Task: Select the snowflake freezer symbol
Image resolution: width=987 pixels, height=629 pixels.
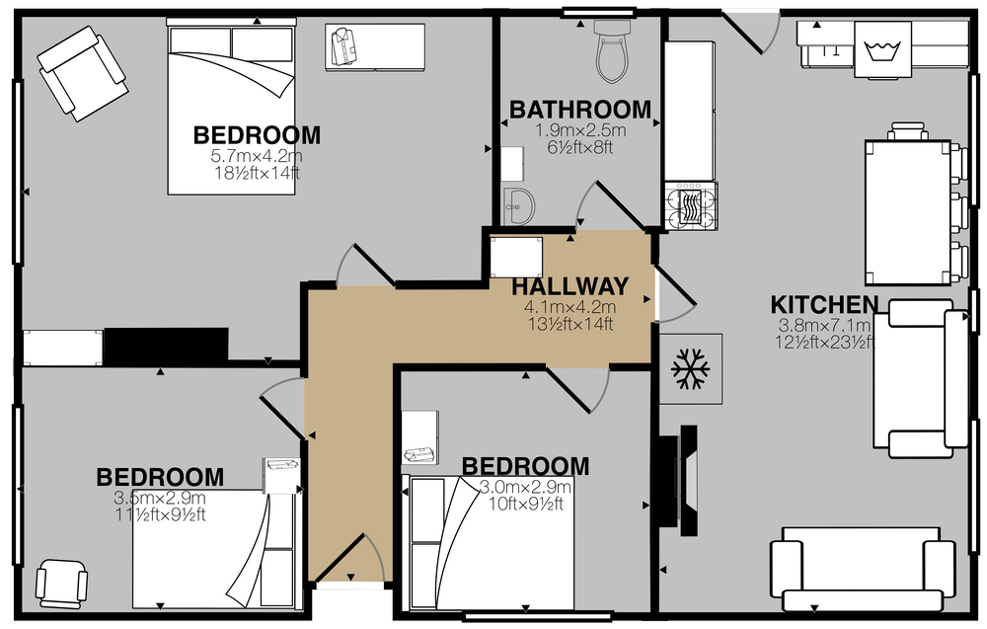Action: coord(691,369)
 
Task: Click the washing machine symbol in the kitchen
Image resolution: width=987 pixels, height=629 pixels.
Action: coord(882,49)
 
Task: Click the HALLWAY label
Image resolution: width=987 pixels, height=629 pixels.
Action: coord(569,287)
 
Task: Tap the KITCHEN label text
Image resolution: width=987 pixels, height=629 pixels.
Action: coord(824,305)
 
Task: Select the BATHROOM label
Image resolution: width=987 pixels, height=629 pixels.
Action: coord(579,111)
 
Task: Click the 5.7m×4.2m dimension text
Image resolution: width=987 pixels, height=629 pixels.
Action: coord(257,156)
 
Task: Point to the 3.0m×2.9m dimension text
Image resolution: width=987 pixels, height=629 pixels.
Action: coord(525,488)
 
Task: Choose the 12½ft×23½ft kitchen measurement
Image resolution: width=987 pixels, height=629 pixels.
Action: coord(824,343)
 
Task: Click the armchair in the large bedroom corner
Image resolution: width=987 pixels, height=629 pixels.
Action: coord(83,73)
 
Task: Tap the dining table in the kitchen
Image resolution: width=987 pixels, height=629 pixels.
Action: coord(907,212)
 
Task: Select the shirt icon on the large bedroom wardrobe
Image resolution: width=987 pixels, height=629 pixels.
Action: coord(344,46)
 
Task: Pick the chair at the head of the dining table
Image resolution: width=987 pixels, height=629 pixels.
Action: coord(907,131)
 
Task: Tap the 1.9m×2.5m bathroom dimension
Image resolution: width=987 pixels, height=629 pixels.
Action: coord(579,131)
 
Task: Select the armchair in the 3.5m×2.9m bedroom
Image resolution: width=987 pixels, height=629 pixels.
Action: coord(61,584)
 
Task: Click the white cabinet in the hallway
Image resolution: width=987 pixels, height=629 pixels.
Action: coord(516,258)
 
